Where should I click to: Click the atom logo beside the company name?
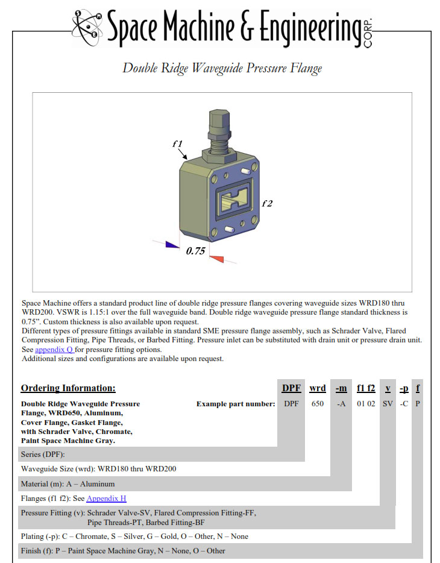[x=87, y=27]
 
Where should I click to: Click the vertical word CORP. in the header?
[x=368, y=33]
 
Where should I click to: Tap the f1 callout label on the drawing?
[x=178, y=143]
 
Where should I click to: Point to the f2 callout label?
[x=267, y=204]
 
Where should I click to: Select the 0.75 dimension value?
[x=196, y=251]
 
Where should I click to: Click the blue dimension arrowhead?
[x=172, y=245]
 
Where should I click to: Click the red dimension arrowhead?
[x=216, y=259]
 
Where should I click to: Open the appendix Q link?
[x=55, y=350]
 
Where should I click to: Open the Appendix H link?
[x=106, y=499]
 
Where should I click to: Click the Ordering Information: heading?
[x=68, y=388]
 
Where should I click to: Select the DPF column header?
[x=291, y=388]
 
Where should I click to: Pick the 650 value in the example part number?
[x=318, y=404]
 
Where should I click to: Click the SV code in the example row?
[x=388, y=404]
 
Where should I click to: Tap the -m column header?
[x=341, y=388]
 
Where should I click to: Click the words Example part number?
[x=236, y=404]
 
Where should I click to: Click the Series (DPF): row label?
[x=43, y=454]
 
